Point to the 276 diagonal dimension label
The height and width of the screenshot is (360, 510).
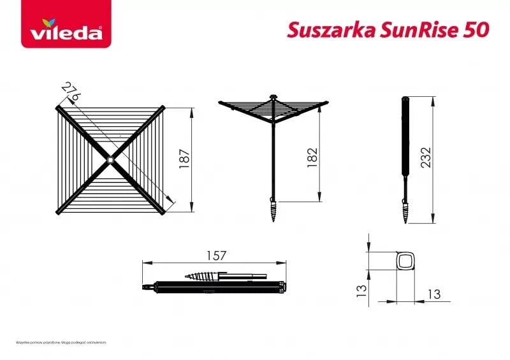pyautogui.click(x=71, y=91)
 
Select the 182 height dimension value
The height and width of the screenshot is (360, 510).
pyautogui.click(x=312, y=157)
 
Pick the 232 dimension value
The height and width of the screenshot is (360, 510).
pyautogui.click(x=426, y=158)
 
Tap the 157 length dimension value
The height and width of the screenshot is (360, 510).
pyautogui.click(x=217, y=256)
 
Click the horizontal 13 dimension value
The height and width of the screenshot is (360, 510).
pyautogui.click(x=433, y=294)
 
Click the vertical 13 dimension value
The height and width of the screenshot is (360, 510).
pyautogui.click(x=361, y=291)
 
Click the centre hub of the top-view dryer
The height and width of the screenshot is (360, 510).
pyautogui.click(x=111, y=159)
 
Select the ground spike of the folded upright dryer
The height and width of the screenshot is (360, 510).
pyautogui.click(x=405, y=207)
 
